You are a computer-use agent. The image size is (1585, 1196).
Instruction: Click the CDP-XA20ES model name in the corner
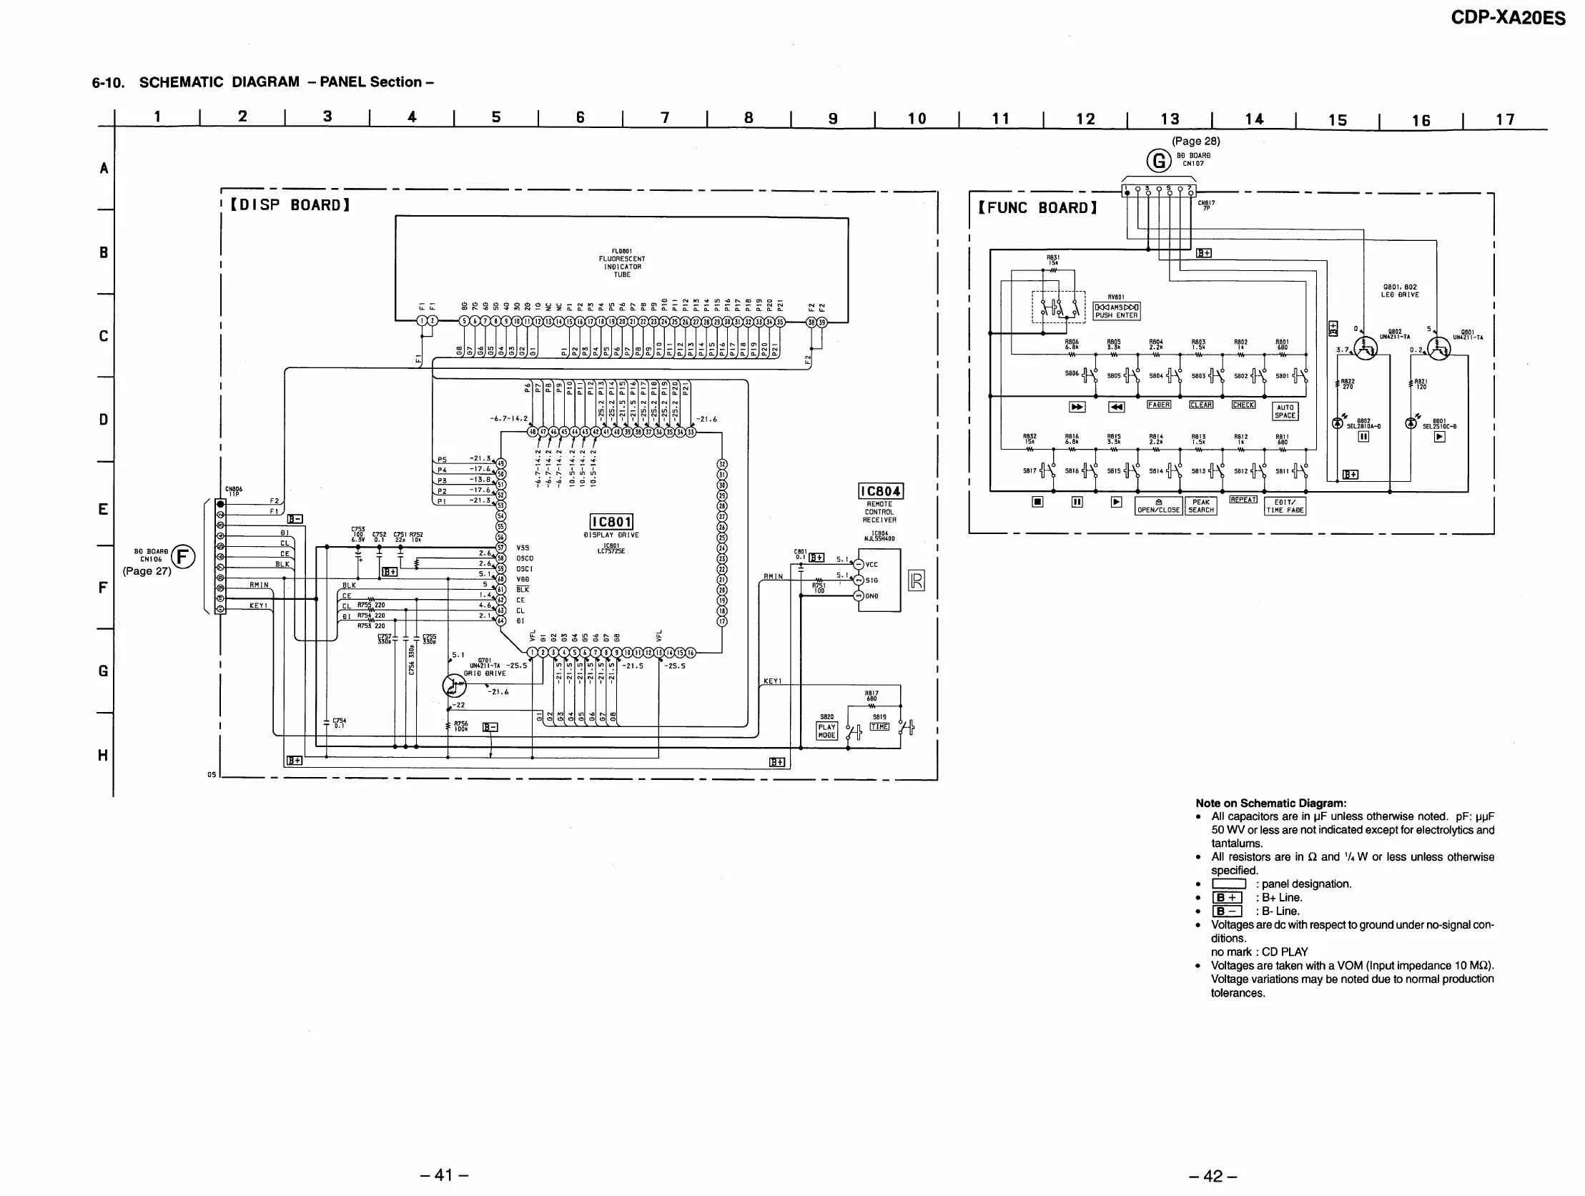[x=1508, y=17]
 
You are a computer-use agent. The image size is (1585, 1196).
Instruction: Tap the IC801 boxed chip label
[x=611, y=523]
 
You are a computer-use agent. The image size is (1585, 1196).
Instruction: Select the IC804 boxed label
[x=881, y=492]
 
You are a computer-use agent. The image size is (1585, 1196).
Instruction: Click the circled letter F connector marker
[x=184, y=557]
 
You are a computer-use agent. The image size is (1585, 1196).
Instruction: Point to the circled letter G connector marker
[x=1159, y=161]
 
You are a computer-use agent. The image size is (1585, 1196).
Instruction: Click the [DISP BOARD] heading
[x=290, y=205]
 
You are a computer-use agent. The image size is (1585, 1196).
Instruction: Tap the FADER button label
[x=1159, y=405]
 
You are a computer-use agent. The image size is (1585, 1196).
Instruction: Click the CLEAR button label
[x=1201, y=405]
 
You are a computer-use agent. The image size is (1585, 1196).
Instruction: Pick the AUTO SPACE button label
[x=1285, y=411]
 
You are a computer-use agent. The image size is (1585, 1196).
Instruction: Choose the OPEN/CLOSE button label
[x=1159, y=507]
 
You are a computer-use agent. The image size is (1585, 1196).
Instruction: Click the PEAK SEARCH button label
[x=1201, y=507]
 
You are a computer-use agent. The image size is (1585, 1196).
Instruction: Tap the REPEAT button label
[x=1243, y=500]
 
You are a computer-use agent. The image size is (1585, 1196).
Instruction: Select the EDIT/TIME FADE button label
[x=1285, y=507]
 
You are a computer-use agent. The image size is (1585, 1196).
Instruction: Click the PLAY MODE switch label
[x=826, y=731]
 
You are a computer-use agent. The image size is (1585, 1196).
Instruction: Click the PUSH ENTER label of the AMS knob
[x=1116, y=315]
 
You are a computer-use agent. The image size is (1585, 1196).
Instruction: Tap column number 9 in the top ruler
[x=833, y=118]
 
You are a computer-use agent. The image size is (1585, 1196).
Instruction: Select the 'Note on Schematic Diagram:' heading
[x=1270, y=804]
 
